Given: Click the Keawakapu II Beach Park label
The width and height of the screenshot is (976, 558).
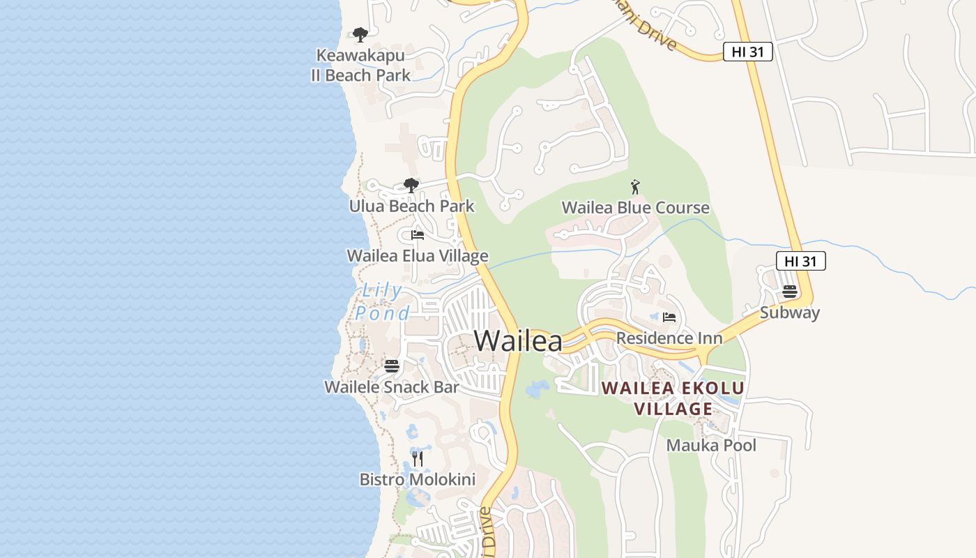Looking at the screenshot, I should tap(360, 65).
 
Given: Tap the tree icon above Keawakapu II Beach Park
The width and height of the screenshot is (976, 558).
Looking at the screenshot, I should tap(360, 34).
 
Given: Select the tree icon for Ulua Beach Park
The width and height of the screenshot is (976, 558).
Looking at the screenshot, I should tap(411, 185).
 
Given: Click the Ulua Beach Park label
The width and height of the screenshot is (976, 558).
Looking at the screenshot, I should tap(411, 206).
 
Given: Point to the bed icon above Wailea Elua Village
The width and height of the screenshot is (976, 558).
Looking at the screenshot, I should tap(418, 235).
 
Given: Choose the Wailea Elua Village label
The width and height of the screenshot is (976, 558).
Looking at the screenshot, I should tap(418, 256).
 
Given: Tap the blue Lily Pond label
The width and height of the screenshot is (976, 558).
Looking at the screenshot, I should tap(382, 302).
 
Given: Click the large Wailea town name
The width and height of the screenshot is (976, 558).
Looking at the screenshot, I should tap(518, 341).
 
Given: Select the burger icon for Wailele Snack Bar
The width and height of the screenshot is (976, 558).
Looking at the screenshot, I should tap(392, 365).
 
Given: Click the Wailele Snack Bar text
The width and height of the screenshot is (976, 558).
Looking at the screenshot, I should tap(392, 387).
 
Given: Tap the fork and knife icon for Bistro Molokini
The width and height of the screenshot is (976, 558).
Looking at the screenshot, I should tap(418, 458).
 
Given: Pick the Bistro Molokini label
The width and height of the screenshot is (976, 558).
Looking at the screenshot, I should tap(418, 480).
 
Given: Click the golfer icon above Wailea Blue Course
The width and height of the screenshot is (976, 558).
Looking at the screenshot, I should tap(635, 187).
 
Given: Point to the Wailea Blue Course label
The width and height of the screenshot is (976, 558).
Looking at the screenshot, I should tap(635, 208).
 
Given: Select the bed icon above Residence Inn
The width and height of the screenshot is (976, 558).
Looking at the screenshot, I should tap(669, 317).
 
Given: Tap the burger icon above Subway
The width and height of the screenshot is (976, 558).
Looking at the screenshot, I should tap(790, 292).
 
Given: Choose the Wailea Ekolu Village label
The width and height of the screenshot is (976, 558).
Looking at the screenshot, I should tap(673, 398).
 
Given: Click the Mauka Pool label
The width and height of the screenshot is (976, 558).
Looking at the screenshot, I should tap(711, 445).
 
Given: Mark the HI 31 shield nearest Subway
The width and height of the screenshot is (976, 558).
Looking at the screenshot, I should tap(801, 262).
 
